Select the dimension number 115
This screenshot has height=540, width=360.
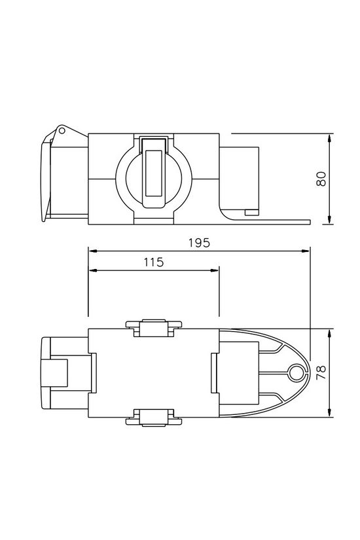tap(153, 262)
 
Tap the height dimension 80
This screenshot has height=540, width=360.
tap(321, 179)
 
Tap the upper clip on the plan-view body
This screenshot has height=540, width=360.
tap(153, 327)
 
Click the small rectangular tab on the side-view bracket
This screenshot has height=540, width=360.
tap(249, 211)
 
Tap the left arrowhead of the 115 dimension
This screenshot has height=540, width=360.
tap(92, 270)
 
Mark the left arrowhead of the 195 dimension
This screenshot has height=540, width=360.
tap(92, 251)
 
